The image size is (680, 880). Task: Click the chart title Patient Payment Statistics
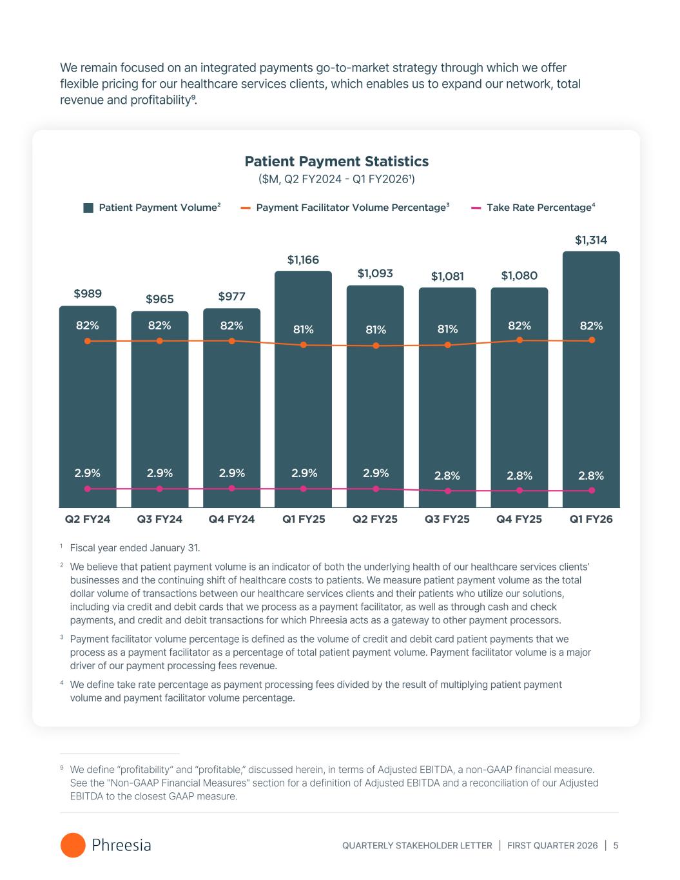[336, 161]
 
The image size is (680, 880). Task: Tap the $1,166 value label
[303, 260]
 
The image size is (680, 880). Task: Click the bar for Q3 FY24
[160, 413]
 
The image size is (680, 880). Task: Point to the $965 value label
[159, 299]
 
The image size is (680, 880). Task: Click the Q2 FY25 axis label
[375, 519]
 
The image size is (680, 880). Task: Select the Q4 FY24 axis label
[231, 519]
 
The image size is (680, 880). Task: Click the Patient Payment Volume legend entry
[152, 208]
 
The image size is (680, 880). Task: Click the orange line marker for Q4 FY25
[520, 340]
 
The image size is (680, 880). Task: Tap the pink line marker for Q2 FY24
[88, 489]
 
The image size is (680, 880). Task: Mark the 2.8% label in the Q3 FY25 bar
[447, 476]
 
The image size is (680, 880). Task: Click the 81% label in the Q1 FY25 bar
[304, 329]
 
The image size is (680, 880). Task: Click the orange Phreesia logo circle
[73, 845]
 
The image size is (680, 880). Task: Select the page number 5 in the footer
[616, 845]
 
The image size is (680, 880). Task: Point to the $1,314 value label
[591, 240]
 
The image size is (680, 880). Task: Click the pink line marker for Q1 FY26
[592, 491]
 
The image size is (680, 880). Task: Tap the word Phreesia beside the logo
[121, 845]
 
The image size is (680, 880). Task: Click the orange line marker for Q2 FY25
[376, 346]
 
